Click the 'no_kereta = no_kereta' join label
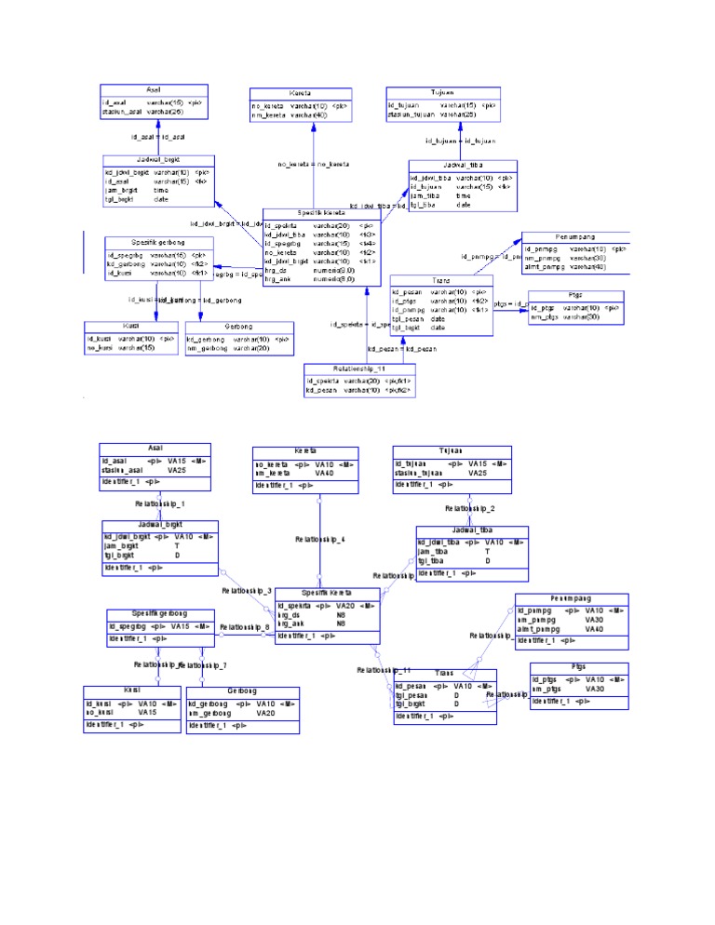click(313, 164)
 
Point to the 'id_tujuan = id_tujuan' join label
click(460, 141)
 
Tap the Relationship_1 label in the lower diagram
click(159, 503)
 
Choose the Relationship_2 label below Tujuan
click(469, 509)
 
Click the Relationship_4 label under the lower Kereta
click(319, 539)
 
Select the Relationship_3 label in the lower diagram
click(246, 591)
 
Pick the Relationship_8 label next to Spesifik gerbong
click(245, 627)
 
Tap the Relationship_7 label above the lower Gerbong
click(204, 665)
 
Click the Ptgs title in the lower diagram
click(579, 667)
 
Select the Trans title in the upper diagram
click(441, 280)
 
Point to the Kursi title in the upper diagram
click(131, 327)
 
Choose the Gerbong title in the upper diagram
click(239, 327)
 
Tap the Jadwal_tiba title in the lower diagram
click(472, 530)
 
